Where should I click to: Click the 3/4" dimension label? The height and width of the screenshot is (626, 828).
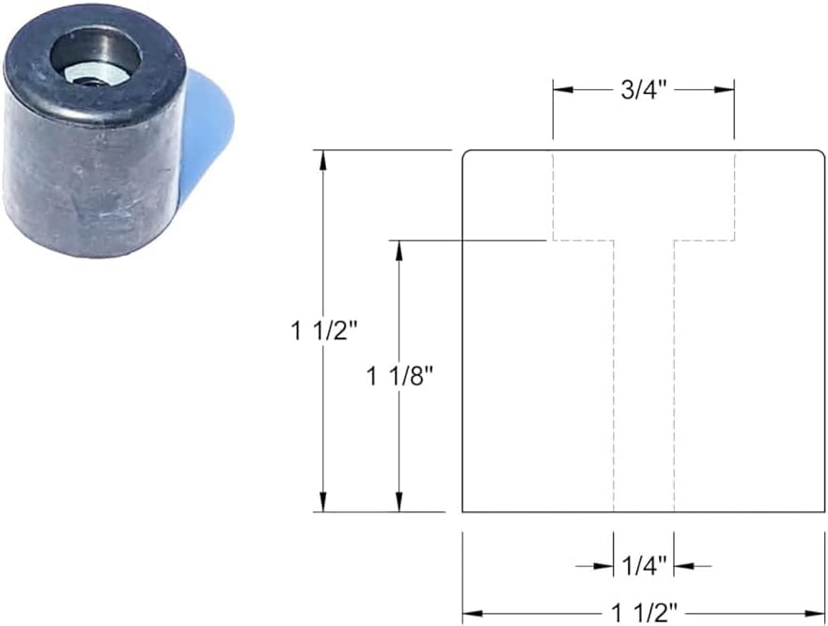coord(643,90)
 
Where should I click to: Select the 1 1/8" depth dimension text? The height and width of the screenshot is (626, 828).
coord(399,376)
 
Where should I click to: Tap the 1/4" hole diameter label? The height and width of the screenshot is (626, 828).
coord(644,566)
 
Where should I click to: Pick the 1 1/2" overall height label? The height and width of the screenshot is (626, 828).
coord(324,331)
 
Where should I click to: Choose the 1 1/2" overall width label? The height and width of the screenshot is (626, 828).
coord(644,613)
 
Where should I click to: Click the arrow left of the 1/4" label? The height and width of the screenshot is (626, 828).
coord(603,566)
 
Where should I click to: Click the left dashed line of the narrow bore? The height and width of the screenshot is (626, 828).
coord(614,376)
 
